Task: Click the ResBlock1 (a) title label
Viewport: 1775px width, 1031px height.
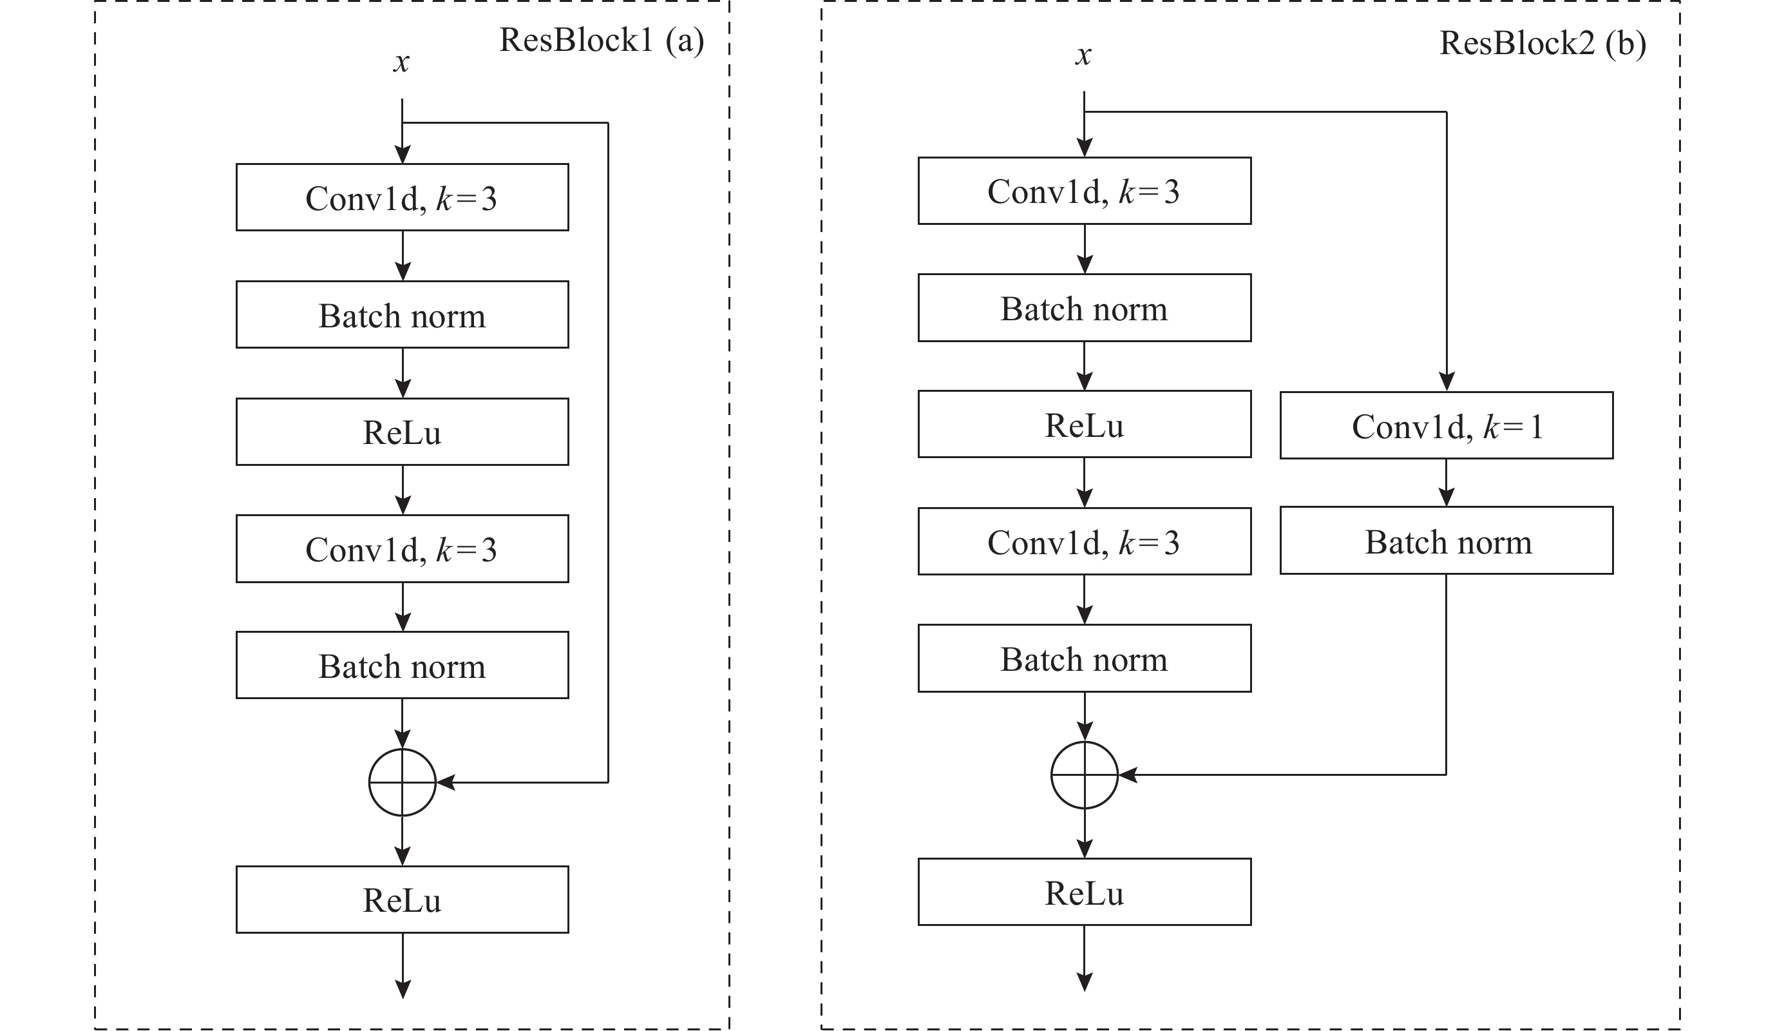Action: [602, 41]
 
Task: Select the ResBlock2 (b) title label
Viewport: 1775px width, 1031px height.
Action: [1542, 44]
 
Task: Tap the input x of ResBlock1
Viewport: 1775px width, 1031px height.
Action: [401, 63]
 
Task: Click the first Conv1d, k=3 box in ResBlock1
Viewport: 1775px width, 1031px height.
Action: [402, 197]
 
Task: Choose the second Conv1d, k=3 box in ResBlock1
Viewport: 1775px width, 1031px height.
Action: [402, 548]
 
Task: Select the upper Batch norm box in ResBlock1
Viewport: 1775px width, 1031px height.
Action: [402, 314]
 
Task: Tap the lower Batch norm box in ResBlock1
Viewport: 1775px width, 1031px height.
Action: [402, 665]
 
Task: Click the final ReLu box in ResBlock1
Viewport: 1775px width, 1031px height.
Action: [402, 899]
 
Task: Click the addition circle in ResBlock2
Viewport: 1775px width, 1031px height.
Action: [1085, 742]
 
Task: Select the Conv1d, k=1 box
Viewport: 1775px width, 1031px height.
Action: [1447, 425]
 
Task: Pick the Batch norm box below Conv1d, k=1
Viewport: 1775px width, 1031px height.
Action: [1447, 540]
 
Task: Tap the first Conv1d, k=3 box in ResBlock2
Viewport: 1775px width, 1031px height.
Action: [1085, 190]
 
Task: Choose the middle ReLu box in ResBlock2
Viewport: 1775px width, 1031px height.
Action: [1085, 424]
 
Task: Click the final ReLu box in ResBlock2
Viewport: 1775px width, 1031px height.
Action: [1085, 891]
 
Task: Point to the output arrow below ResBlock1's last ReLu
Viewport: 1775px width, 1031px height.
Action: [402, 966]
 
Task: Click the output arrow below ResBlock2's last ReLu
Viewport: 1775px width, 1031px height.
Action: [1085, 958]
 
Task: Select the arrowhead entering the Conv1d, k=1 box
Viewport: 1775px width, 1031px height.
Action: [1447, 382]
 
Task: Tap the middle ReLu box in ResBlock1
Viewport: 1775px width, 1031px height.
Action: [402, 431]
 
